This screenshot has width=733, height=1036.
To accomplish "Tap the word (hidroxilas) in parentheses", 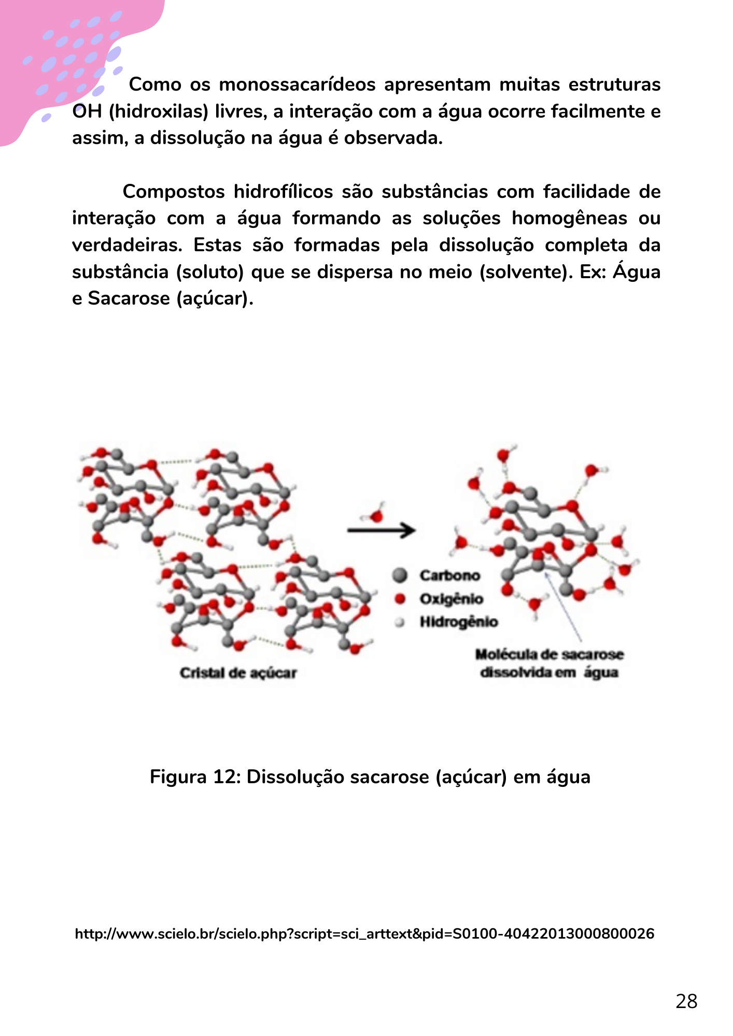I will coord(159,111).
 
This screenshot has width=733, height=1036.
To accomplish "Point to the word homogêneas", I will coord(569,218).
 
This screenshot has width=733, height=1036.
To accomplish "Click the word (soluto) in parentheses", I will coord(210,272).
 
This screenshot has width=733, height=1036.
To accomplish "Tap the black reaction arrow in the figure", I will coord(382,530).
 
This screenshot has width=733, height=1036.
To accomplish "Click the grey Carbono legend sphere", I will coord(400,575).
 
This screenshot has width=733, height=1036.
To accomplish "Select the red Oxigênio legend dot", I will coord(400,599).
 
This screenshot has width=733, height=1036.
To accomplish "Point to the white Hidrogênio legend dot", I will coord(400,622).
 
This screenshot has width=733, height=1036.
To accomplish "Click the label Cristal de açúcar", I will coord(238,673).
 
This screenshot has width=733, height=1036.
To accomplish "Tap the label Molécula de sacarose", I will coord(549,655).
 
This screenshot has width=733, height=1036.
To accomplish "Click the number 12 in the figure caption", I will coord(224,777).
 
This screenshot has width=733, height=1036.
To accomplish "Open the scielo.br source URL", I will coord(364,934).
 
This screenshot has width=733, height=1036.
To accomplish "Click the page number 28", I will coord(686,1001).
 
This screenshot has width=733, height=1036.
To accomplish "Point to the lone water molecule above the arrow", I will coord(375,515).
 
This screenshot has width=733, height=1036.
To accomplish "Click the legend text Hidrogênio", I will coord(459,622).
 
